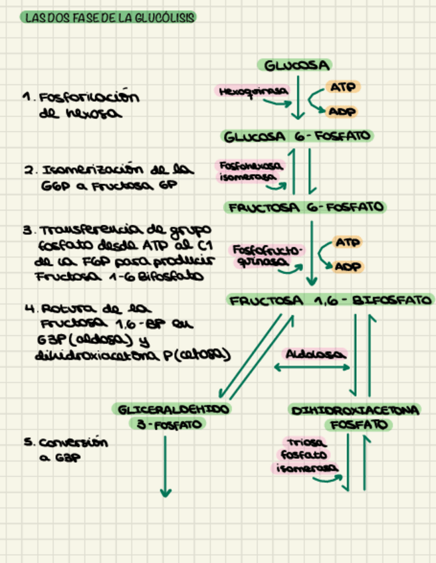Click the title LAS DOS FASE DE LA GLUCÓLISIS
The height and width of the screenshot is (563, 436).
(109, 18)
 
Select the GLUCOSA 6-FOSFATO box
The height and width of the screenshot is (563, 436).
(298, 137)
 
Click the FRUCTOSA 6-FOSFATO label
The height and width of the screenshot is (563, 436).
(306, 207)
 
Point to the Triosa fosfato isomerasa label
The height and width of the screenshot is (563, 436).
(304, 455)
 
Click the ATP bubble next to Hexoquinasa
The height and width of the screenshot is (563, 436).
(341, 88)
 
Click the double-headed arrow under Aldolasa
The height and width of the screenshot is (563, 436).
(310, 367)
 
